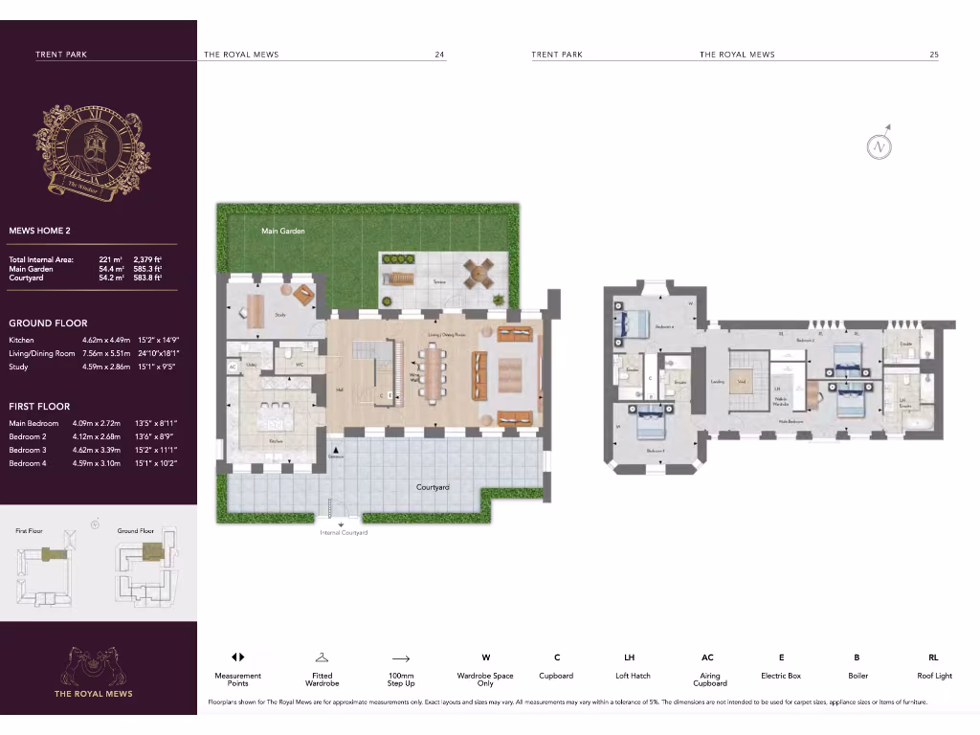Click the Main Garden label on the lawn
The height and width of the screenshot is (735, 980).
[x=283, y=231]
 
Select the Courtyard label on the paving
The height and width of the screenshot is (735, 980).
[x=433, y=487]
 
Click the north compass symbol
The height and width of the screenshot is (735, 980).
[x=879, y=146]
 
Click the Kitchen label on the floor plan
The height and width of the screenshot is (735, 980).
[x=276, y=441]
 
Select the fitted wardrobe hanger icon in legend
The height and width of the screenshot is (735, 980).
[x=322, y=657]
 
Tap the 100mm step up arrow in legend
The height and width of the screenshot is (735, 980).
[x=400, y=658]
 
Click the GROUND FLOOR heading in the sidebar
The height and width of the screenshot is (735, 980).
[x=48, y=323]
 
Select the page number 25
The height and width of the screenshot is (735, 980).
[x=933, y=55]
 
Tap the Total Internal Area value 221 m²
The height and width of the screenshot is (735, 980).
[x=110, y=259]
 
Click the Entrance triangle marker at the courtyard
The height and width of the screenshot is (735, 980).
[x=334, y=449]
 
